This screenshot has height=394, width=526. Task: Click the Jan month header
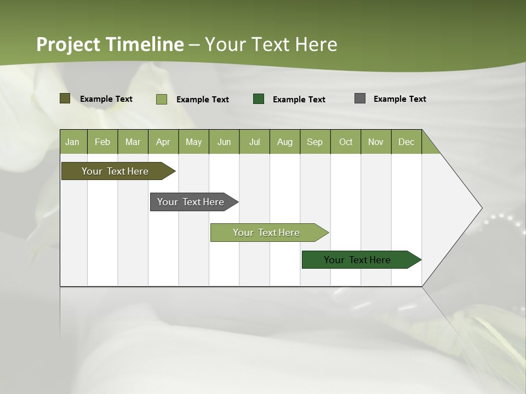point(73,142)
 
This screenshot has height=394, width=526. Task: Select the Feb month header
point(102,142)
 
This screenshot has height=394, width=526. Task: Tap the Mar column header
point(133,142)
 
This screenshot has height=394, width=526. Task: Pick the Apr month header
point(163,142)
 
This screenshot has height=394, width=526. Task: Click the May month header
point(193,142)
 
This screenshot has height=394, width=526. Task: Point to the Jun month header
point(224,142)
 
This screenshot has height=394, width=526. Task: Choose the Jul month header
point(254,142)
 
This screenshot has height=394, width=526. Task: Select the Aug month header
point(285,142)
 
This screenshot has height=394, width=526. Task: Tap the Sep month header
point(315,142)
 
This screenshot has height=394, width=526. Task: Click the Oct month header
point(346,142)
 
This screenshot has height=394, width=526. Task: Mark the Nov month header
point(376,142)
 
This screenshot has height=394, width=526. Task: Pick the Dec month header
point(407,142)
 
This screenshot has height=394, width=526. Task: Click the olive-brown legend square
point(65,99)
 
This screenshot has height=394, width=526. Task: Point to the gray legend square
point(360,99)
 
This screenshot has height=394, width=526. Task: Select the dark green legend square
point(259,99)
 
